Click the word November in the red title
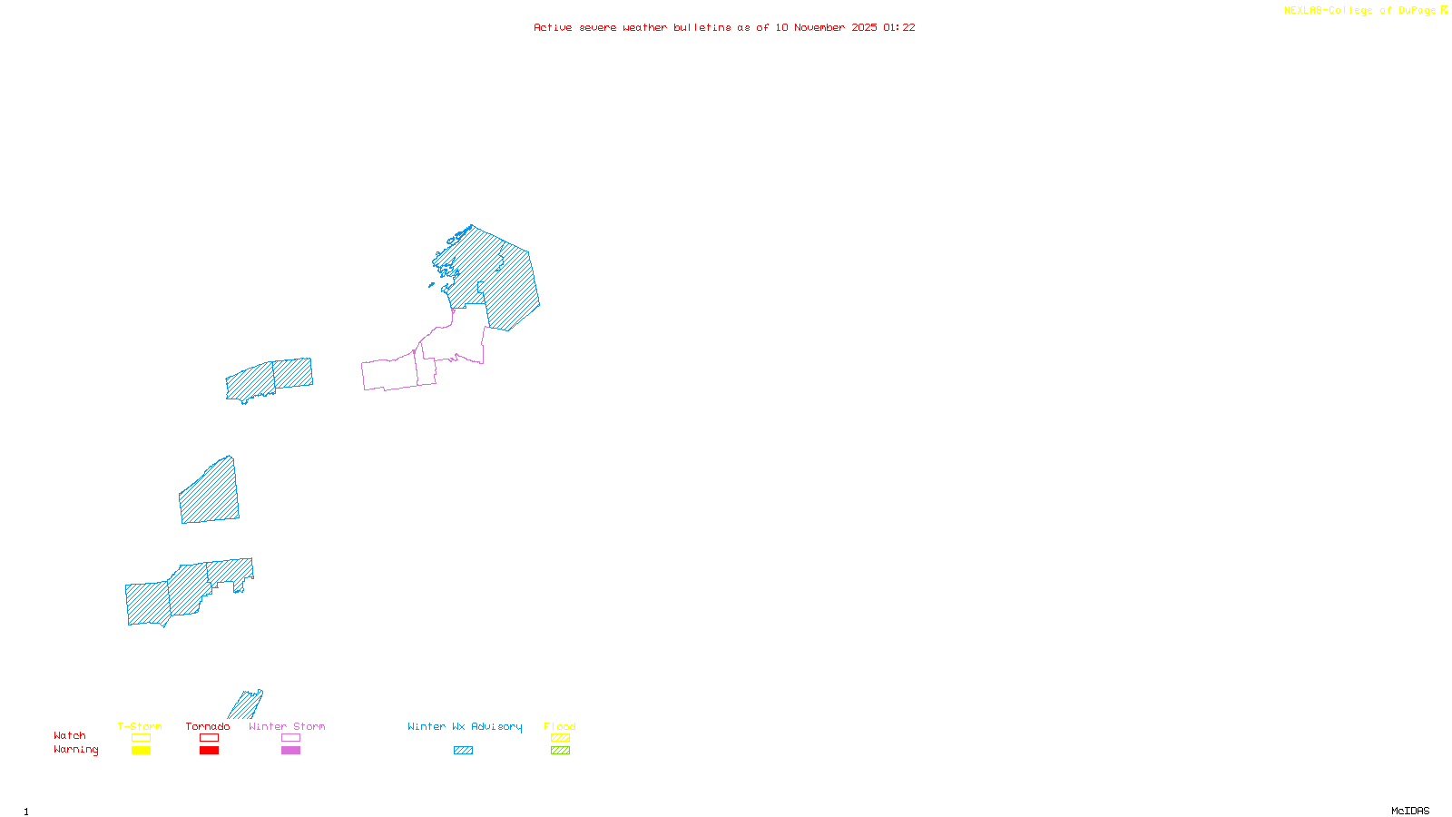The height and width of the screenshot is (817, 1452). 819,27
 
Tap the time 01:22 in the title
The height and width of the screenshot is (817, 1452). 898,27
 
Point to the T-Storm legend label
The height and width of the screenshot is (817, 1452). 140,726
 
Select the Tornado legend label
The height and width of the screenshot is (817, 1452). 208,726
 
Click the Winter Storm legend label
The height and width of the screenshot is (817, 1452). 287,726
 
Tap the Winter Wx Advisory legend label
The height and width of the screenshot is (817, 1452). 465,726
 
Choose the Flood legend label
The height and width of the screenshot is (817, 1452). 560,726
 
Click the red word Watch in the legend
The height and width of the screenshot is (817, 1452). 70,735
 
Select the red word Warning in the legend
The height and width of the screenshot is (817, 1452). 76,750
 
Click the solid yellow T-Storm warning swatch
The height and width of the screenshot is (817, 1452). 141,751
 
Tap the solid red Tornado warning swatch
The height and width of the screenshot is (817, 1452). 209,751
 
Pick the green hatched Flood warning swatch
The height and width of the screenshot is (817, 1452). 560,751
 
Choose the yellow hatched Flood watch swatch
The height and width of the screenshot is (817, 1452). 560,738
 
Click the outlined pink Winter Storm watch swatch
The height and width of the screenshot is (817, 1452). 290,738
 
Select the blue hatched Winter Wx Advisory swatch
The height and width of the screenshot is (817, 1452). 463,751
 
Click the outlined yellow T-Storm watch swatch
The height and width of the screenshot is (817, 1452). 141,738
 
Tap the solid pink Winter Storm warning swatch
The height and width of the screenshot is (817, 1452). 290,751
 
